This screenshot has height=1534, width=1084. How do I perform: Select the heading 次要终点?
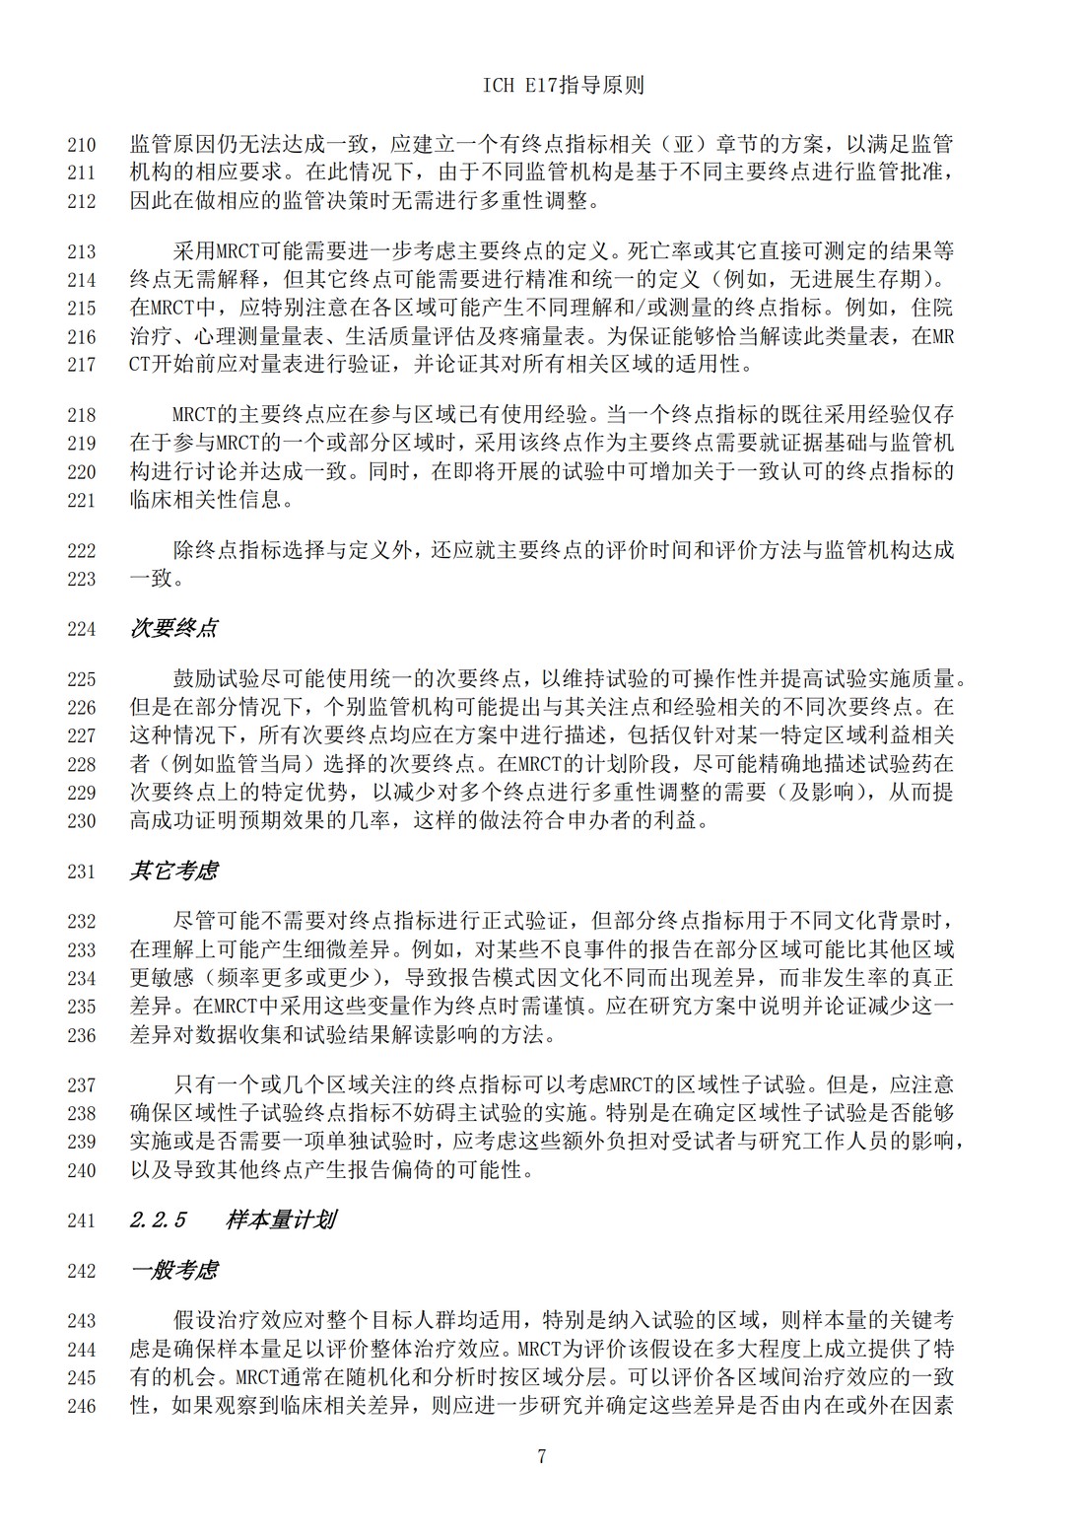point(173,629)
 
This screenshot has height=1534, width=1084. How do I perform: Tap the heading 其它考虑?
point(173,872)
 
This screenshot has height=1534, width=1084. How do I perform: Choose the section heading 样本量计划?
point(281,1220)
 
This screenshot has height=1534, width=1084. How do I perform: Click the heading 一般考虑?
point(173,1271)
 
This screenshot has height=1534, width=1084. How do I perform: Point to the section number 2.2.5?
point(158,1220)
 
